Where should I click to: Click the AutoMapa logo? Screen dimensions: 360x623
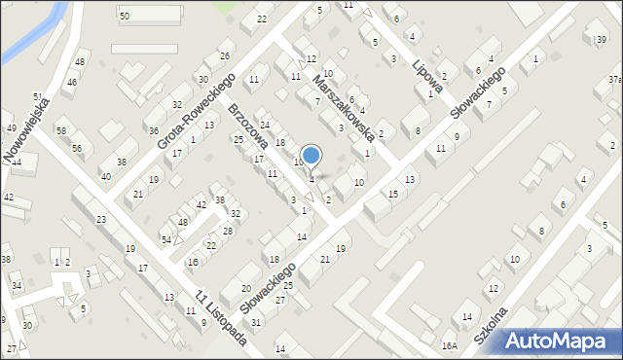(x=560, y=341)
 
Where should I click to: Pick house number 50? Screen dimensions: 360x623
(x=124, y=17)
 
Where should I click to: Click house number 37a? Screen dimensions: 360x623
(x=614, y=79)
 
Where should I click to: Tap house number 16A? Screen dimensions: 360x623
(x=449, y=345)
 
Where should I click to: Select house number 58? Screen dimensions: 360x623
(x=60, y=131)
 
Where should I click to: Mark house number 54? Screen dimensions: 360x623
(x=166, y=239)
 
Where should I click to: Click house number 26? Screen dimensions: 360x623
(x=224, y=55)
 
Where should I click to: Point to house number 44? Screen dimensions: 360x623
(x=16, y=161)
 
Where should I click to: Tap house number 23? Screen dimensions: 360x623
(x=101, y=220)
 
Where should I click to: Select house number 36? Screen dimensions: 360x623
(x=153, y=130)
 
